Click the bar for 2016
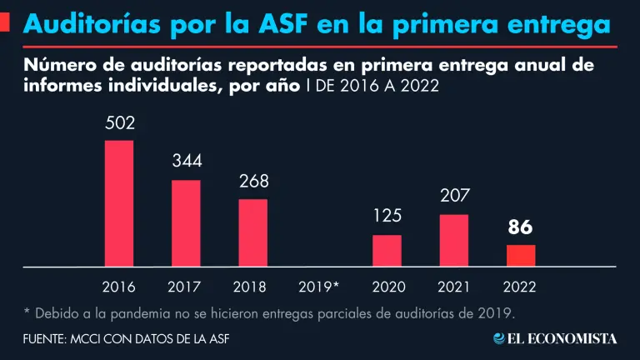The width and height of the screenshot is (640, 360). [x=119, y=203]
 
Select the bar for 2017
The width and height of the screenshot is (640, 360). [x=186, y=223]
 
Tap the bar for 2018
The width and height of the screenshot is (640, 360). [x=252, y=232]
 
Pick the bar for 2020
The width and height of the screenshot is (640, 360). [x=387, y=251]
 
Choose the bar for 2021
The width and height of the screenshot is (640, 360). [x=454, y=241]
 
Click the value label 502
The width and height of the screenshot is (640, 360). [x=120, y=123]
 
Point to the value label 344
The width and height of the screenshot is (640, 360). [x=187, y=162]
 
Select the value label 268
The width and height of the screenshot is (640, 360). [x=253, y=181]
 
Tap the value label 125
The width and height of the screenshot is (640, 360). [x=387, y=217]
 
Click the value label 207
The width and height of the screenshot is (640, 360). [x=454, y=197]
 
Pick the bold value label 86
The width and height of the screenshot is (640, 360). [x=520, y=227]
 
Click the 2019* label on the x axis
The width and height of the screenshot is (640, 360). [x=318, y=287]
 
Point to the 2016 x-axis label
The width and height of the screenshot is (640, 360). [x=119, y=287]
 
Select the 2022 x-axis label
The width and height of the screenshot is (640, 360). [x=520, y=287]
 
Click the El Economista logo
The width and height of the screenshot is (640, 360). [x=555, y=338]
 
